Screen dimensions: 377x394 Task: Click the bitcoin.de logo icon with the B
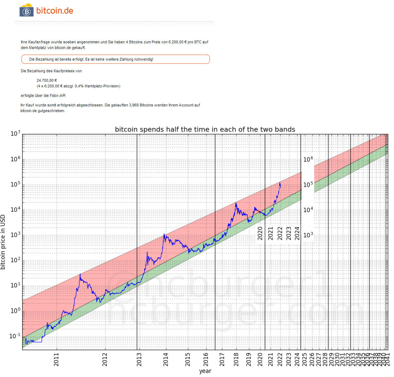26,11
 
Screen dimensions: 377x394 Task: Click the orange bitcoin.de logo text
55,11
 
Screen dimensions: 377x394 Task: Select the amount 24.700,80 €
47,80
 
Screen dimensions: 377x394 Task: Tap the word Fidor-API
58,95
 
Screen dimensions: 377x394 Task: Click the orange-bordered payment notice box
115,59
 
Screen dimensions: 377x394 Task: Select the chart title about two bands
205,129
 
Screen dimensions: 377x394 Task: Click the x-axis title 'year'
205,371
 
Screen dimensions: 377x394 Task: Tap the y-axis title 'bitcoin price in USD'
3,242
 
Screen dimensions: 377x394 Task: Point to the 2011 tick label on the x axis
56,358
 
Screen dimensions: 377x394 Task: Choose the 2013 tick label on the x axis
139,358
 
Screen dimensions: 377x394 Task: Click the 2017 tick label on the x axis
222,358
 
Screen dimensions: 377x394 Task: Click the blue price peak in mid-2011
80,274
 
